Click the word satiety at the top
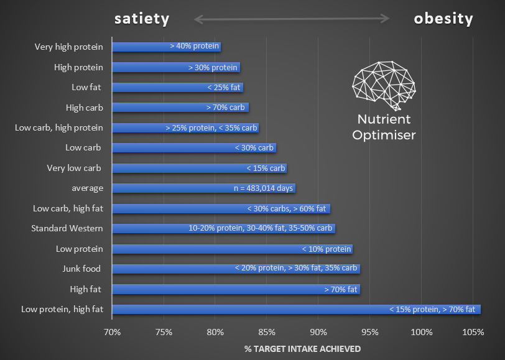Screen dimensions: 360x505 point(141,19)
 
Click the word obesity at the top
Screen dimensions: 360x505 point(443,19)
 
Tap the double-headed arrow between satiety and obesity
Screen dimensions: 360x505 point(292,19)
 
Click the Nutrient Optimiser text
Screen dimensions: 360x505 point(383,127)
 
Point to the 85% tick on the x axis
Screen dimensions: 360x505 point(266,332)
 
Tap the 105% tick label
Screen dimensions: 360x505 point(473,332)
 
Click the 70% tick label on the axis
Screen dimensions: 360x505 point(112,332)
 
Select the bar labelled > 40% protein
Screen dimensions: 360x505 point(166,47)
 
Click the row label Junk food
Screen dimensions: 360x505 point(81,269)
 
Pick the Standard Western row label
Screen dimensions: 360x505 point(67,228)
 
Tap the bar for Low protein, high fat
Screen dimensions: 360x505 point(296,309)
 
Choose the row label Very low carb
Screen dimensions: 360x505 point(74,168)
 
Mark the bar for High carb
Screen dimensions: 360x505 point(180,108)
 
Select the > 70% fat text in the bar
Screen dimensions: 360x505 point(341,289)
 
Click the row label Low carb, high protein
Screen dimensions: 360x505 point(59,127)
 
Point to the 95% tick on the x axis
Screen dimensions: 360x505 point(369,332)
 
